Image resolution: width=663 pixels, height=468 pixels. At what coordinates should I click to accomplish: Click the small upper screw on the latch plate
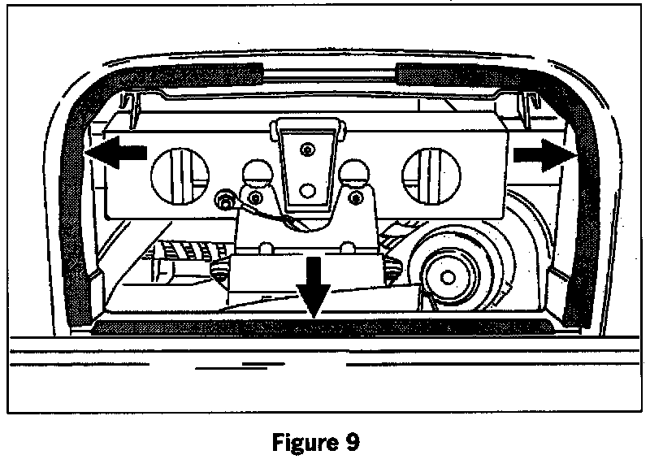coord(306,149)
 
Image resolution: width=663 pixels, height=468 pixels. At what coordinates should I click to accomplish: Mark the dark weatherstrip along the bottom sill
coord(325,327)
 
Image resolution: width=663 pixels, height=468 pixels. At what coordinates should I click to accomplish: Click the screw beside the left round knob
coord(257,197)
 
